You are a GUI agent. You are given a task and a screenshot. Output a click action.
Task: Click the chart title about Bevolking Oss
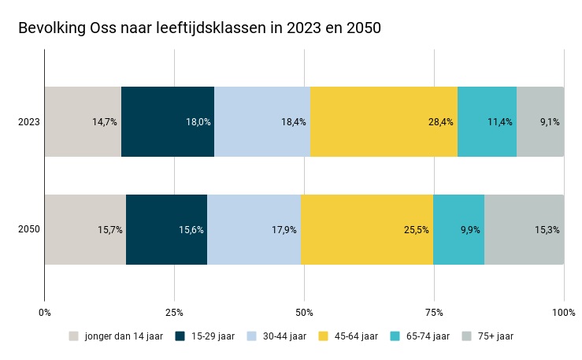pos(199,28)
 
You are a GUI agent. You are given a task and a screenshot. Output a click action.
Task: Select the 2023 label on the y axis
pos(30,122)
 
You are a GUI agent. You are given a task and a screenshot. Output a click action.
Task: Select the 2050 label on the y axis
pos(30,229)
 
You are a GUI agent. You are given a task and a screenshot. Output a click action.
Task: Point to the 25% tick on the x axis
pos(174,312)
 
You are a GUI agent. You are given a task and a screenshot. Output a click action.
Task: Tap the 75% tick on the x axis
pos(434,312)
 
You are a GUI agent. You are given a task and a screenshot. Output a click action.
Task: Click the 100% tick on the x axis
pos(563,312)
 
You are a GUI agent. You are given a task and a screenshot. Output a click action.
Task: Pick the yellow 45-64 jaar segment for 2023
pos(384,122)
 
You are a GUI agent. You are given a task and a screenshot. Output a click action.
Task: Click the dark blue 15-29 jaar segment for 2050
pos(166,229)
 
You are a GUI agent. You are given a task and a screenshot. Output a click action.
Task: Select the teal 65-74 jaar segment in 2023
pos(487,122)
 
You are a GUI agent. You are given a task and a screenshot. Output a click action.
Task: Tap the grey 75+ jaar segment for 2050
pos(524,229)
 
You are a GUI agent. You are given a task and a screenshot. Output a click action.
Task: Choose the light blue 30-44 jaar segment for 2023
pos(262,122)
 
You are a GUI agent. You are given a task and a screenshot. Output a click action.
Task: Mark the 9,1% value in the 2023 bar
pos(550,122)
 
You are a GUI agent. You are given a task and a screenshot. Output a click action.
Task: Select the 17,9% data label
pos(284,230)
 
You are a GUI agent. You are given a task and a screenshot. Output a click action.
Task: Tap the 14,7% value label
pos(105,122)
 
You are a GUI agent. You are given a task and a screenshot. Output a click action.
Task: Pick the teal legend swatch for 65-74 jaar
pos(395,336)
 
